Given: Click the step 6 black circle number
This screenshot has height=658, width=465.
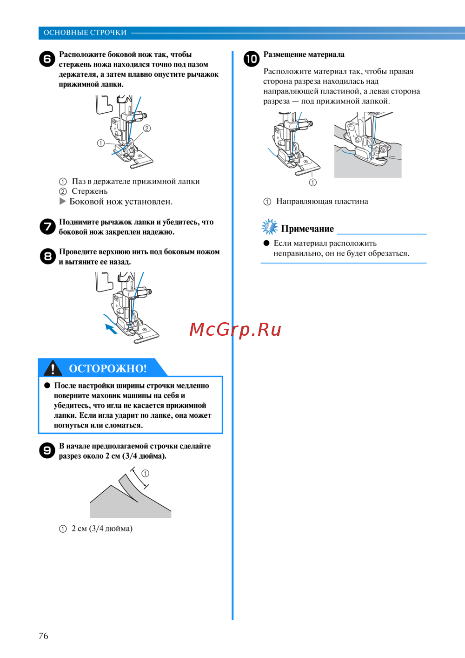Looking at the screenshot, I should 47,59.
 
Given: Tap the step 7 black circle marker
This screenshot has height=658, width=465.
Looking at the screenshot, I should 47,227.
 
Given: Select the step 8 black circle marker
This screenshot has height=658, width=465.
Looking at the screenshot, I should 47,256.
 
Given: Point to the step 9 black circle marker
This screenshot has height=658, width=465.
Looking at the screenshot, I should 47,450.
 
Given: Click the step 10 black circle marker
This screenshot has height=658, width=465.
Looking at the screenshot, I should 252,59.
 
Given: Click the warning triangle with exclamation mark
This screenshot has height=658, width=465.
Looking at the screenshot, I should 53,368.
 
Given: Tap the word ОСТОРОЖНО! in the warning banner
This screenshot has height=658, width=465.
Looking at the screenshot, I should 107,368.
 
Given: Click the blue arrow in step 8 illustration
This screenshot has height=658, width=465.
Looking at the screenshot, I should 111,329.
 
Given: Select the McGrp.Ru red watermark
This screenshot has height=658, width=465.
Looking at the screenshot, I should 235,330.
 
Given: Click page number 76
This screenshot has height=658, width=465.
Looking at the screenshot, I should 43,636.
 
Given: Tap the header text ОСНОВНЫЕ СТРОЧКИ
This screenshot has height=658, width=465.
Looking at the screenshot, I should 85,33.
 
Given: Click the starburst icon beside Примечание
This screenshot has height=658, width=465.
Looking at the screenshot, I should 269,227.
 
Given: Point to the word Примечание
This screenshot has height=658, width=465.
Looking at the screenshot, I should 307,229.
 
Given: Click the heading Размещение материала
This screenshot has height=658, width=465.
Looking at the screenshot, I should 304,54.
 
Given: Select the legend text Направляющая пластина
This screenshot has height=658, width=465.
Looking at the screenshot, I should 322,201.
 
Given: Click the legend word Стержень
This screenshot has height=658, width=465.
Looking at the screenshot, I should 90,191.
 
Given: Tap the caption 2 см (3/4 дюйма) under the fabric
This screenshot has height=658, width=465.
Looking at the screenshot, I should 102,529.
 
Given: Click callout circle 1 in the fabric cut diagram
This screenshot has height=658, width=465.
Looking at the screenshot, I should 145,474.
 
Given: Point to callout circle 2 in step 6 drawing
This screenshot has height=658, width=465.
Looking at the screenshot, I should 147,129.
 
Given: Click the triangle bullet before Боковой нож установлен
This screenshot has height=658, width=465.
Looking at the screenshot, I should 63,201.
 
